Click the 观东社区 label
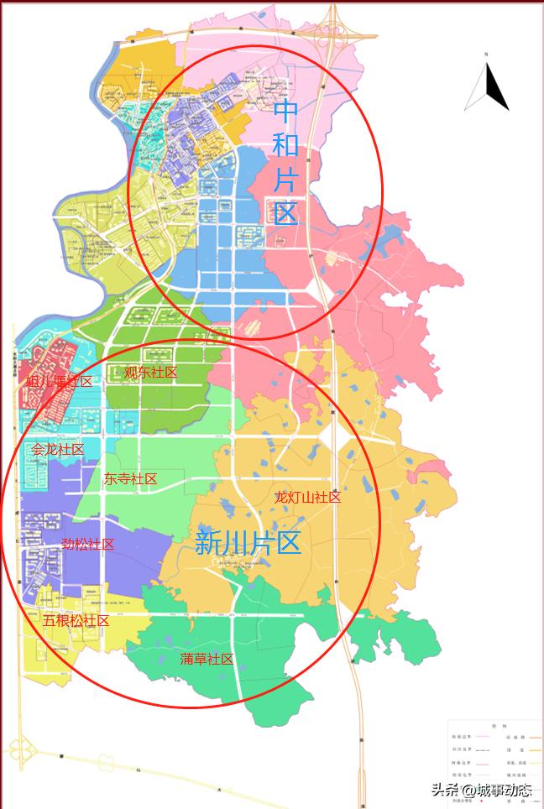[151, 373]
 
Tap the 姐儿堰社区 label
[59, 381]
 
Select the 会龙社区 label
[58, 450]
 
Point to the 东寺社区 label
[130, 479]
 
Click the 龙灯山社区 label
[308, 497]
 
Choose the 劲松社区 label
[87, 544]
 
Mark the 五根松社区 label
[76, 621]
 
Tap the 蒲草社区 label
[207, 660]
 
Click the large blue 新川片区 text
[248, 543]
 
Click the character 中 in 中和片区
[286, 110]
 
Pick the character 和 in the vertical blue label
[286, 144]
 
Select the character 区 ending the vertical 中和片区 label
[286, 213]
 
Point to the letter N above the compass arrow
[486, 55]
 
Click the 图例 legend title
[494, 725]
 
